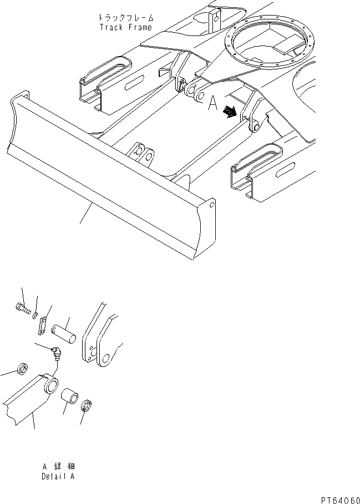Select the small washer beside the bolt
coord(35,315)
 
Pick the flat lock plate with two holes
coord(42,327)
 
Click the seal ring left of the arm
coord(22,369)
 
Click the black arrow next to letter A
coord(228,113)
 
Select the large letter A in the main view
coord(211,104)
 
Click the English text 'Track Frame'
coord(125,27)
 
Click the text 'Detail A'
coord(58,477)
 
